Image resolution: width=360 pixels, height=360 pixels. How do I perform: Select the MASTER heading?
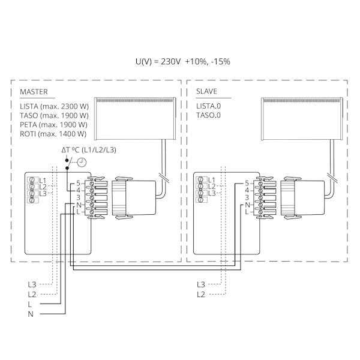coord(34,92)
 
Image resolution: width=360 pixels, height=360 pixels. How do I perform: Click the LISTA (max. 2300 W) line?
coord(54,106)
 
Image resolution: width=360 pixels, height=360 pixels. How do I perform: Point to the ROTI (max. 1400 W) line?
coord(53,134)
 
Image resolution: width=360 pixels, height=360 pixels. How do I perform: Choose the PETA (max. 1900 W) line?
coord(54,125)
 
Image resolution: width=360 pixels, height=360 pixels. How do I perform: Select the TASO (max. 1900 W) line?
coord(54,115)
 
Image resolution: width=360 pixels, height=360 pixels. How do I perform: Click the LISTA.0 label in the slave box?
coord(208,106)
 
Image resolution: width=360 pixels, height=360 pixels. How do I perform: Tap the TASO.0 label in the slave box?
coord(208,115)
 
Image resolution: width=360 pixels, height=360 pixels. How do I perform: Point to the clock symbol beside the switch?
coord(80,163)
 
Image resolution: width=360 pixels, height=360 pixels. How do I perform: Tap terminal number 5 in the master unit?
coord(77,182)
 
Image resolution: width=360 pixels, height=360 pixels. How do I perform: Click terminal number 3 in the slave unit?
coord(247,197)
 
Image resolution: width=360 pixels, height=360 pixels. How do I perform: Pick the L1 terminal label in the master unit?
coord(43,180)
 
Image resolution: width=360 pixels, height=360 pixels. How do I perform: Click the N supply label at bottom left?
coord(31,314)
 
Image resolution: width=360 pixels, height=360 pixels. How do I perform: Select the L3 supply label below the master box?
coord(31,284)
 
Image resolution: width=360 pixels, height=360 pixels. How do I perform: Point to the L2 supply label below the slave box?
coord(200,294)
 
